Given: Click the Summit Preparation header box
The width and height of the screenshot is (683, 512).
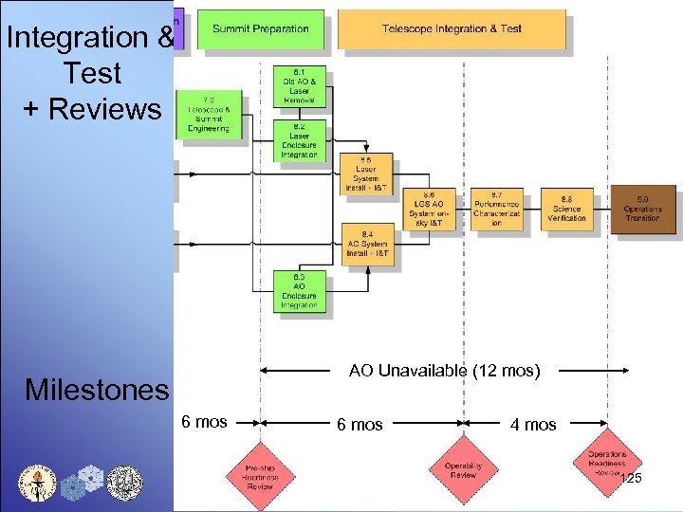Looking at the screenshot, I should point(261,29).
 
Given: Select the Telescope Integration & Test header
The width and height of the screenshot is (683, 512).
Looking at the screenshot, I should point(452,29).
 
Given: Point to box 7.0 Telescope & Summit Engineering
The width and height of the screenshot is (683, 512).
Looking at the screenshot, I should point(209,115).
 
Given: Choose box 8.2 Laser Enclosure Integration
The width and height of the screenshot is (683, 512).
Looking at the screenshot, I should point(299,140).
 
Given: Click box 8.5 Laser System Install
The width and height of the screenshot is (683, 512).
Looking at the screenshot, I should point(365,174).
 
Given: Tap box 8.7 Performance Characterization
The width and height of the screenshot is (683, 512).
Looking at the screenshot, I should point(496,209).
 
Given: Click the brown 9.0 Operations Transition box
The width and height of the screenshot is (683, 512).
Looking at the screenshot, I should point(642,209).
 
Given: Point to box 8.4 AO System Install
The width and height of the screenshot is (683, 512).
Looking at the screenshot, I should point(365,244).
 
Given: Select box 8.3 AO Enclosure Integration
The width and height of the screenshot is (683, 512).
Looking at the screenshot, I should point(299,290).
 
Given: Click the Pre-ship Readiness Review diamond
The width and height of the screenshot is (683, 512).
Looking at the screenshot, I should point(261,476).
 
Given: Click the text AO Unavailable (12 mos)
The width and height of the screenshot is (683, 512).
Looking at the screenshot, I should point(444,370).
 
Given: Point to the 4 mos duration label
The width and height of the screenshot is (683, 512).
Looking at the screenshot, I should point(533,425).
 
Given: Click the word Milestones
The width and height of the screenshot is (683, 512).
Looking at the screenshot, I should point(97,390).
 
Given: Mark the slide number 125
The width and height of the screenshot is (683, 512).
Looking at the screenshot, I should point(630,479).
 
